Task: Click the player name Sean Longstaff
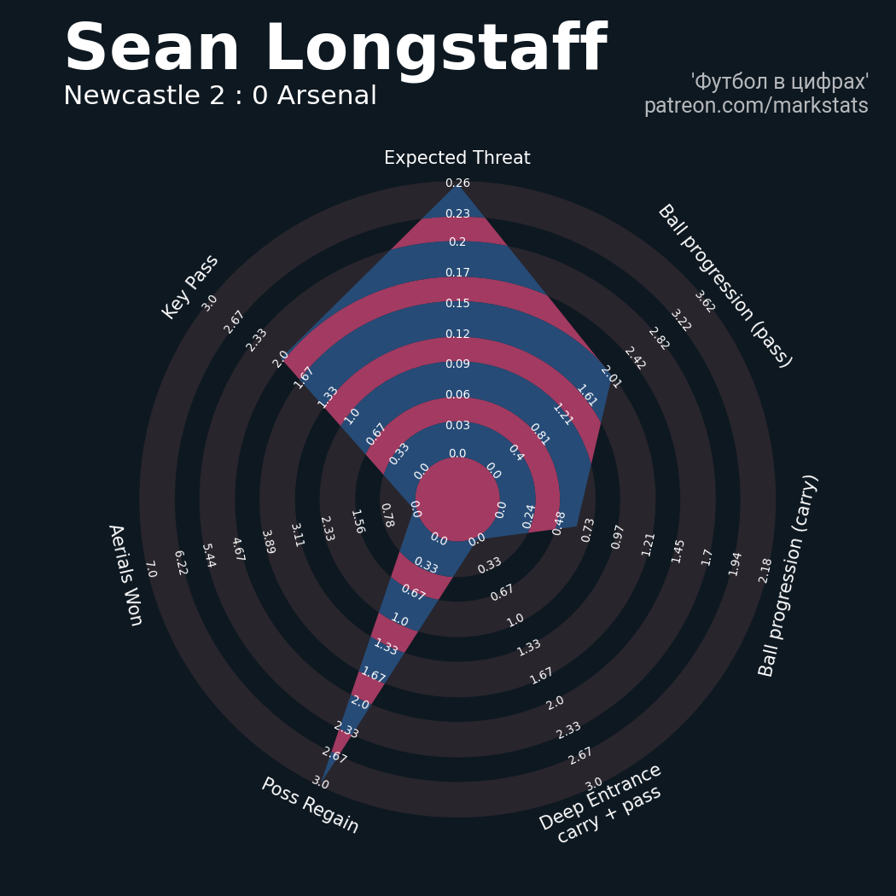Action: [x=335, y=49]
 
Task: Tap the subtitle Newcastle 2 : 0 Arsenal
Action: [x=220, y=96]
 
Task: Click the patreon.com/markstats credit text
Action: [x=756, y=107]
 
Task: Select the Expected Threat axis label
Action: [x=457, y=159]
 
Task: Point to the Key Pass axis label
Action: [x=190, y=287]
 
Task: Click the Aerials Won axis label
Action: [x=125, y=574]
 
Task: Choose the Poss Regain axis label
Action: [x=310, y=806]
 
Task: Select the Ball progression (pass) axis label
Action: [x=724, y=286]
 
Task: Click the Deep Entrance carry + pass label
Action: [x=602, y=803]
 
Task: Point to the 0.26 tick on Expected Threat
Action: [x=457, y=183]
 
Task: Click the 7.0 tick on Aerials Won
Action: [x=150, y=569]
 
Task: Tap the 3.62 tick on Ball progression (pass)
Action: [x=704, y=301]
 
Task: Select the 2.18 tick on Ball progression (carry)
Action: [x=765, y=570]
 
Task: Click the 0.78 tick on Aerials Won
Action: [x=387, y=515]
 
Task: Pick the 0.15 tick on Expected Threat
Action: [x=457, y=304]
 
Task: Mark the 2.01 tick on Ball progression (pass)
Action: [x=610, y=376]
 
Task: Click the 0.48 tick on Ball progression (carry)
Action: [x=559, y=522]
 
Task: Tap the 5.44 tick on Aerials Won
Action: [x=208, y=556]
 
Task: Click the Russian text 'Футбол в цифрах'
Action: [x=779, y=82]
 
